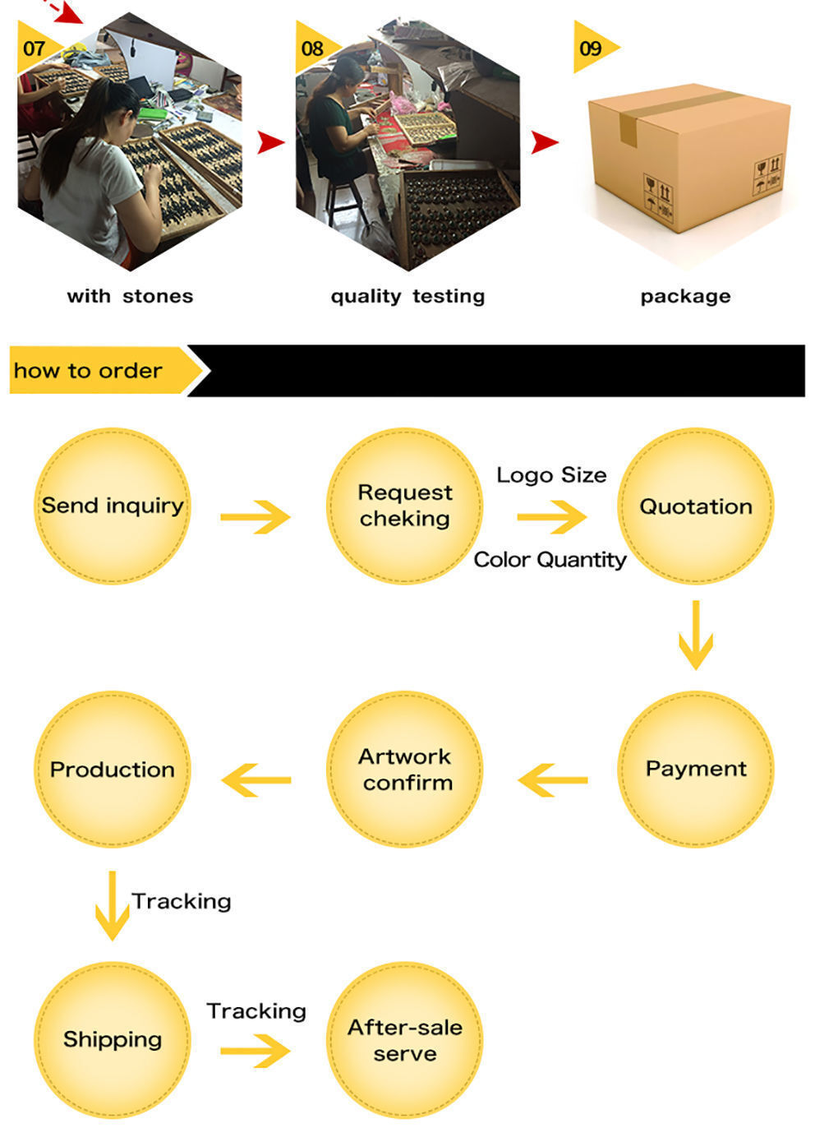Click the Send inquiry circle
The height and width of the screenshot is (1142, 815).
(113, 506)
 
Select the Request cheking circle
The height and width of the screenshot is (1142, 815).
(404, 506)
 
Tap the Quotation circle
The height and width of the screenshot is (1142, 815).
(695, 506)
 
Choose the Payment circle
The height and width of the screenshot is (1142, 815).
(695, 769)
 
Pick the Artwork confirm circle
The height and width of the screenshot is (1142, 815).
(404, 769)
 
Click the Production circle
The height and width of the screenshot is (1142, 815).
(113, 769)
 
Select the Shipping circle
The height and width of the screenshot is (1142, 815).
(113, 1040)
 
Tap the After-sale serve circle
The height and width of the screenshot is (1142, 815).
(404, 1040)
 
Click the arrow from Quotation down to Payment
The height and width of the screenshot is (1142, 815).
(695, 635)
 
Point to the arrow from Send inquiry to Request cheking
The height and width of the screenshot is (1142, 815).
(256, 517)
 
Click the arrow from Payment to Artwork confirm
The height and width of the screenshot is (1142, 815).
(552, 779)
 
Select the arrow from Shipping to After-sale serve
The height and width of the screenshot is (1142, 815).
(256, 1051)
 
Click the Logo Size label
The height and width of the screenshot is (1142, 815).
(551, 475)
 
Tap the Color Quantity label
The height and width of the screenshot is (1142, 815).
(550, 560)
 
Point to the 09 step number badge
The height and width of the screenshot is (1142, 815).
(592, 48)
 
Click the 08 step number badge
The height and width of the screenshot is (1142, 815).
(314, 48)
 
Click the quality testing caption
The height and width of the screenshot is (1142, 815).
(407, 296)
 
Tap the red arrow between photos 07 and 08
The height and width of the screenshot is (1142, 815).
(270, 142)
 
